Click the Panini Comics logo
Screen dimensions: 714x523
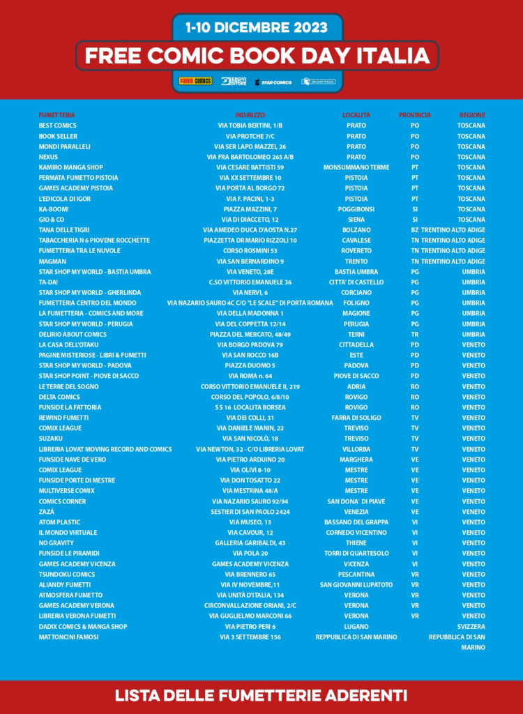click(x=195, y=82)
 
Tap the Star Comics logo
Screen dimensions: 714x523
click(x=273, y=82)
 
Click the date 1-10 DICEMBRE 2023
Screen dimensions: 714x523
click(x=257, y=28)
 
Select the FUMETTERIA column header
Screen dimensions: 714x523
click(x=56, y=115)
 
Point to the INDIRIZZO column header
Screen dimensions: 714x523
click(x=250, y=115)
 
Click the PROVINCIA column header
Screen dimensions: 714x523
click(x=415, y=115)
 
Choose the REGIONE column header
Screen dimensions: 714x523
click(x=472, y=115)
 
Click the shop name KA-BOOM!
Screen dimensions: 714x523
click(x=54, y=209)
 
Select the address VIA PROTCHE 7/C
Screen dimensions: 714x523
click(x=250, y=136)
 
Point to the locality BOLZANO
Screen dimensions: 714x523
click(x=356, y=230)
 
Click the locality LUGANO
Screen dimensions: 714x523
click(x=356, y=626)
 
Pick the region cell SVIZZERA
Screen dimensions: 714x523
click(x=471, y=626)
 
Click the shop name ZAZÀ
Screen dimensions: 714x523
click(x=47, y=512)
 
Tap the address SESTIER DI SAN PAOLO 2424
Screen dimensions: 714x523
click(x=250, y=512)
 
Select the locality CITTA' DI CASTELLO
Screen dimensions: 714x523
click(x=356, y=282)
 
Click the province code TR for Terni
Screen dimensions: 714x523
click(x=415, y=334)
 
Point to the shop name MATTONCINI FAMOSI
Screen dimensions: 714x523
click(x=68, y=637)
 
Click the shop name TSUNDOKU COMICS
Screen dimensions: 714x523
click(x=67, y=575)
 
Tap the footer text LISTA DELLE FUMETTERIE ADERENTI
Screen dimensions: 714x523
click(x=261, y=695)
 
